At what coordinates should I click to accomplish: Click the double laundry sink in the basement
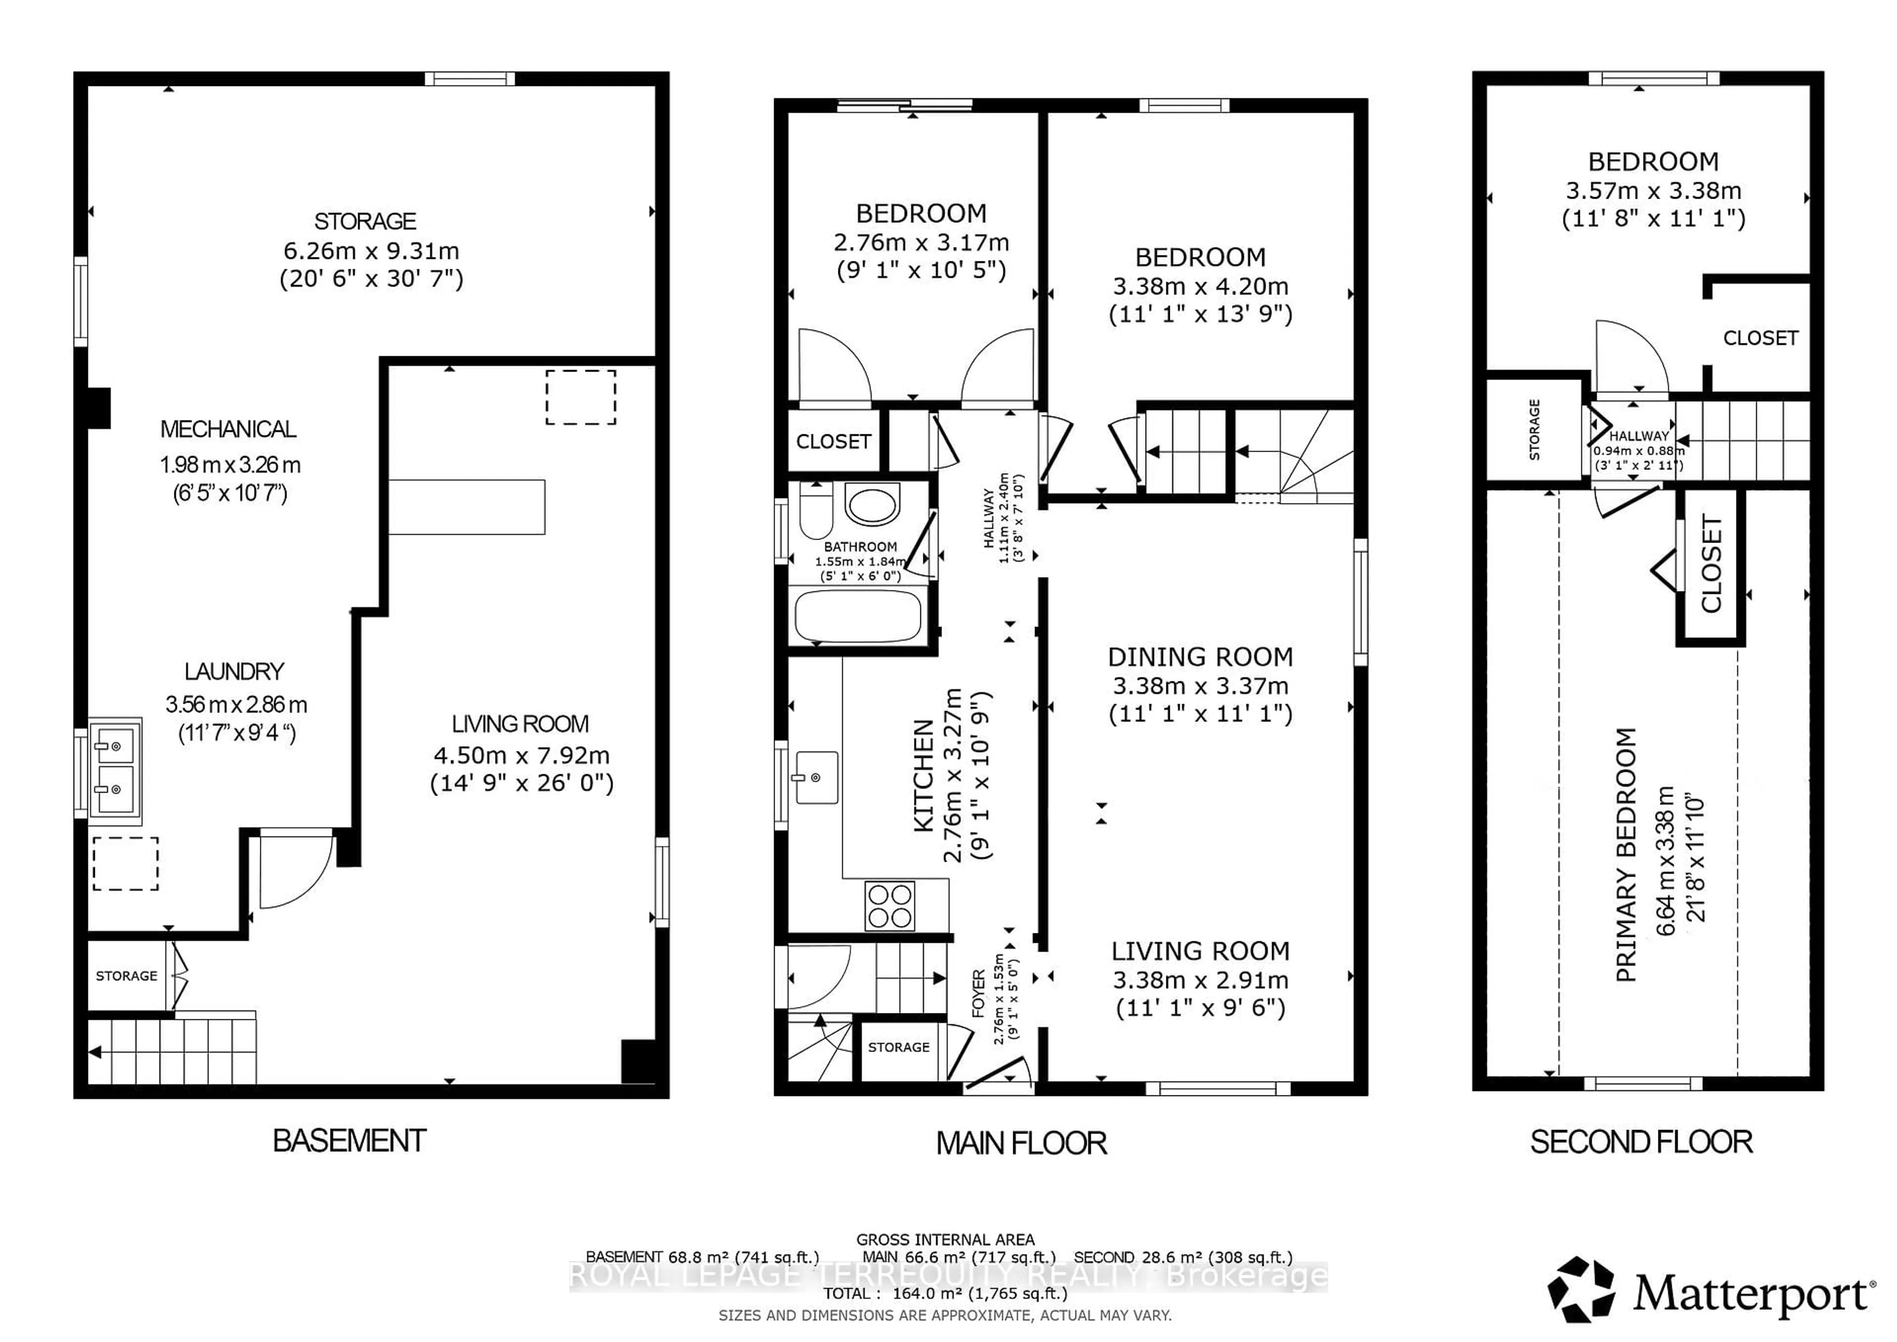click(x=115, y=768)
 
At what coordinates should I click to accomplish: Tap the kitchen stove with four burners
click(x=890, y=906)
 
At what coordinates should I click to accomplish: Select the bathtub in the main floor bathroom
click(x=858, y=616)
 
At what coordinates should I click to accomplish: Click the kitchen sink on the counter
click(x=816, y=778)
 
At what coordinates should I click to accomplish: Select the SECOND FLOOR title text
click(x=1641, y=1142)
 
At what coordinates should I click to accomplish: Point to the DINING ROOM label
click(x=1199, y=657)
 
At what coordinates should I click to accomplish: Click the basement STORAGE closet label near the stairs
click(x=126, y=976)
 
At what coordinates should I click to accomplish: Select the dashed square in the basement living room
click(x=581, y=397)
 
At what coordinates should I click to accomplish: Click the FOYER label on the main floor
click(x=978, y=993)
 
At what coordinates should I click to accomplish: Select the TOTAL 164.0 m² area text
click(x=945, y=1293)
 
